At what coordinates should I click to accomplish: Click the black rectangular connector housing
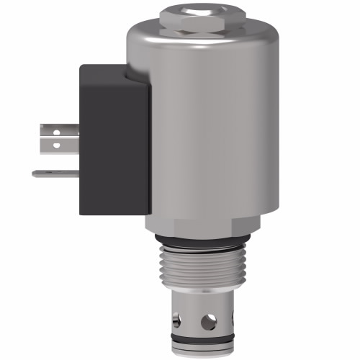click(112, 137)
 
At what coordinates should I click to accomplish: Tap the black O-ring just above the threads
click(200, 240)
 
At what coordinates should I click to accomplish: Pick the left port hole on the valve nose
click(176, 315)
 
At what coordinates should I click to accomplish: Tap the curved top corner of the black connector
click(133, 70)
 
